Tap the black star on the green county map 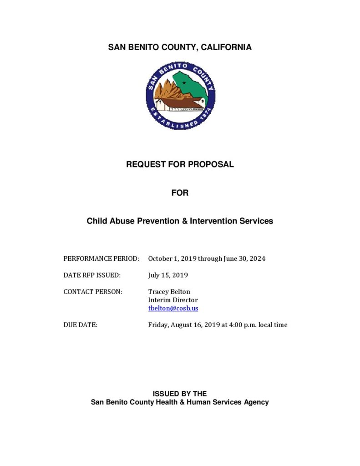click(x=184, y=82)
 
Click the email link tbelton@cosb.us click(x=173, y=308)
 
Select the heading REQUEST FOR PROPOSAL click(x=180, y=164)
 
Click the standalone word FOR click(x=180, y=193)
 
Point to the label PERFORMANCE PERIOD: click(x=101, y=258)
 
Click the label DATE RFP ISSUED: click(x=92, y=275)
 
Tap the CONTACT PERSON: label click(x=93, y=292)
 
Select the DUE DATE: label click(x=81, y=325)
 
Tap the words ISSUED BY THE click(x=180, y=394)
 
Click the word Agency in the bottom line click(x=256, y=402)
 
